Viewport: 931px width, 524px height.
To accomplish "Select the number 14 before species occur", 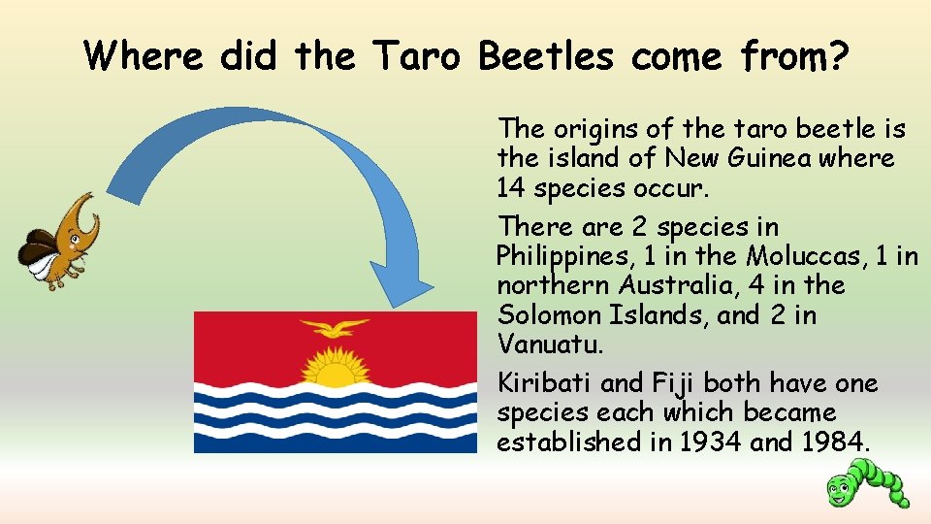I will click(511, 186).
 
